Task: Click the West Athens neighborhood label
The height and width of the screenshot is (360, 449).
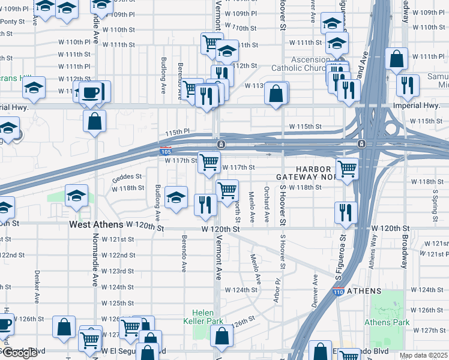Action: (96, 224)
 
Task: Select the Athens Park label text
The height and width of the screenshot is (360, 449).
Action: (387, 322)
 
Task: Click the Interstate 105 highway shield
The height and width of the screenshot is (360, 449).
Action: (166, 151)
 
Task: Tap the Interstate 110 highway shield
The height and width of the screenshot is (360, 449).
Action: (338, 292)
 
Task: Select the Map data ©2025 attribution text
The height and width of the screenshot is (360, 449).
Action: (423, 355)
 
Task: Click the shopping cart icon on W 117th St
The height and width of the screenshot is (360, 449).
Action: (209, 161)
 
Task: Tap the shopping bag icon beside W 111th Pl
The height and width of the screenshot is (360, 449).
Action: (397, 59)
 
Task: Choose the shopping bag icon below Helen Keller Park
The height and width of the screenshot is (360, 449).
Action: (221, 337)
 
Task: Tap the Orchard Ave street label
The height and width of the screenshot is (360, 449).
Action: (266, 205)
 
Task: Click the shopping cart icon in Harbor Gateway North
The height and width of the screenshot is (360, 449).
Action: (346, 169)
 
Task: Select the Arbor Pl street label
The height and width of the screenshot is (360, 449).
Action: (277, 290)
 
